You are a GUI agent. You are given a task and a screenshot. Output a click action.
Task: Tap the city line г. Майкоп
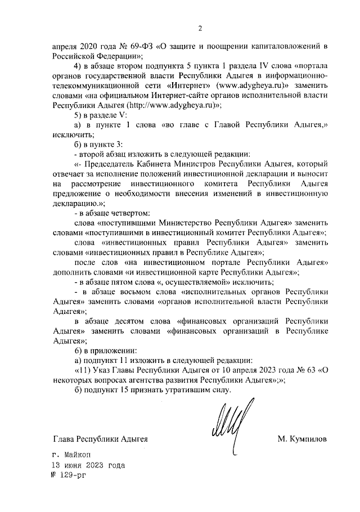(x=70, y=454)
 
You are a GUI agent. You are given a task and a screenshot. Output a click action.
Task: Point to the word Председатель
(x=111, y=164)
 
